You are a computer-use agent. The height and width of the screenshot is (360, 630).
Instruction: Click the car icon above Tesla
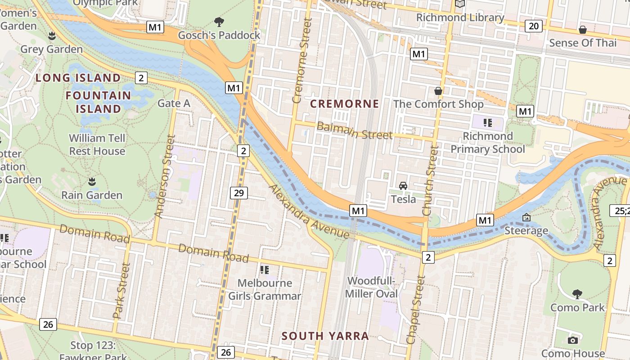click(403, 185)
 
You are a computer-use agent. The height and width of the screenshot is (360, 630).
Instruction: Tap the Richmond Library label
click(460, 18)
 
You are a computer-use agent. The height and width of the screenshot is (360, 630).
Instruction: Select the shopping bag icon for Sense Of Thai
click(583, 30)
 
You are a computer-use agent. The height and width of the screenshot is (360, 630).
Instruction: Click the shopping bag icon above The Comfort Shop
click(438, 91)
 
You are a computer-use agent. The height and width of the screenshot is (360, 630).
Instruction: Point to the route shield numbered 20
click(533, 26)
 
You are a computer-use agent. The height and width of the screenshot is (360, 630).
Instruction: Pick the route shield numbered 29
click(238, 193)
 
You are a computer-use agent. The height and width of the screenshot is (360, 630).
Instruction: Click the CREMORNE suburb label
click(345, 104)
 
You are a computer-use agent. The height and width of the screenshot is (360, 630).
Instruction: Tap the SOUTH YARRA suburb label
click(325, 336)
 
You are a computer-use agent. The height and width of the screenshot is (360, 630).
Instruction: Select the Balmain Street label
click(354, 131)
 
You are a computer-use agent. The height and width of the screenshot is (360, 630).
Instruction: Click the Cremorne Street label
click(302, 61)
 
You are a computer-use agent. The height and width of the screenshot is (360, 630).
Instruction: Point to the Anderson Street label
click(164, 176)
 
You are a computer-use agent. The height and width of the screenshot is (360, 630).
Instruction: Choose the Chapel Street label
click(416, 310)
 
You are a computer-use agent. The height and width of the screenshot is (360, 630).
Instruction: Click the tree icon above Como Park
click(577, 294)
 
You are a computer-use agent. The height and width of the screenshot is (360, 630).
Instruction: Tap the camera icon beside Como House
click(572, 340)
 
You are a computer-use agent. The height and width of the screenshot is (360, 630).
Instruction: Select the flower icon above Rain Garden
click(92, 182)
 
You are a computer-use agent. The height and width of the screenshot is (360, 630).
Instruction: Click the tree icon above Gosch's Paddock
click(219, 22)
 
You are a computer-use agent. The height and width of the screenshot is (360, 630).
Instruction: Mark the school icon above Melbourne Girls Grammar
click(265, 270)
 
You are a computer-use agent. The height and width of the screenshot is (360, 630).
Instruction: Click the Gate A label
click(174, 103)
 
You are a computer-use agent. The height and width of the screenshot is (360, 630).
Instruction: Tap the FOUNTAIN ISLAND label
click(99, 102)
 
